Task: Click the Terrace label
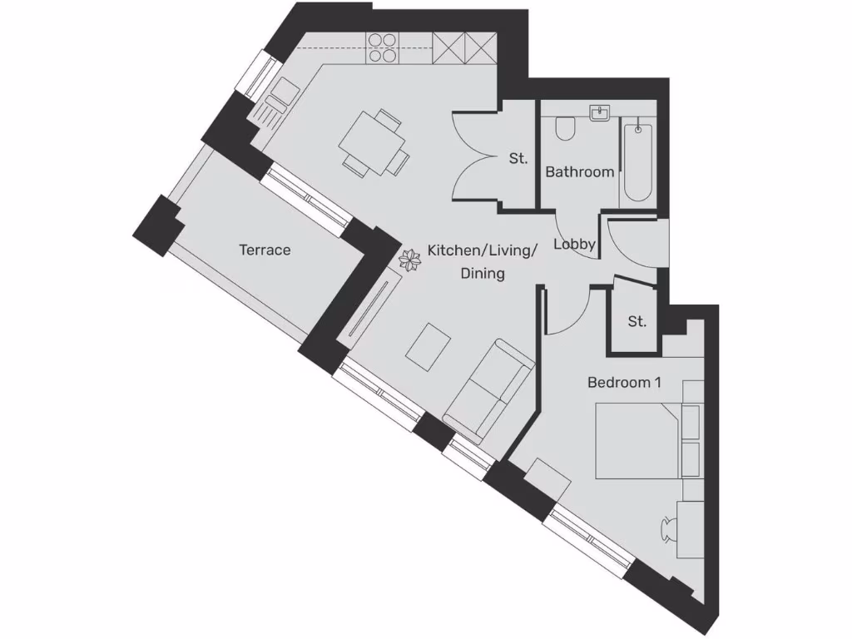265,250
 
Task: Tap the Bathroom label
580,172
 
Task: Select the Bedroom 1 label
624,383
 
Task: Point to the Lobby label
574,244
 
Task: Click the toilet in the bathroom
565,129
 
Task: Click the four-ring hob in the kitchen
383,47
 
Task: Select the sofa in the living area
489,389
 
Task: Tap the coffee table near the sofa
429,346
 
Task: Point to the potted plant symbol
410,261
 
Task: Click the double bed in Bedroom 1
637,441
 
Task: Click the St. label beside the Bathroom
518,158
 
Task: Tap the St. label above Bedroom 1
637,321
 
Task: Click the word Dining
483,273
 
